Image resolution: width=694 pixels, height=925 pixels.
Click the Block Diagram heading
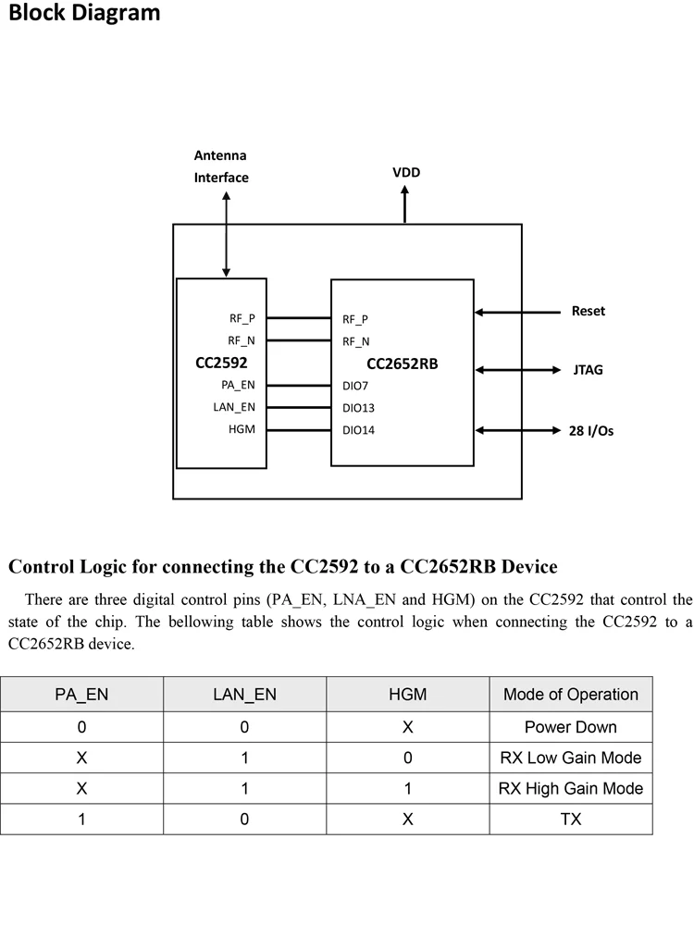tap(84, 14)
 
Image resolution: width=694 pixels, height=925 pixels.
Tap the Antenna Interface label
tap(221, 166)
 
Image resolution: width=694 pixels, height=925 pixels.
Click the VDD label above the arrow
tap(406, 173)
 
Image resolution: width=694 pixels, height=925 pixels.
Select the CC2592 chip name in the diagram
tap(221, 363)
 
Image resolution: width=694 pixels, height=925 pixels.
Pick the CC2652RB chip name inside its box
tap(402, 364)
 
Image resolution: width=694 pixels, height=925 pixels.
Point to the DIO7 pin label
tap(355, 386)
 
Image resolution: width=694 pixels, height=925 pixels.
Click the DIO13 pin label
tap(358, 408)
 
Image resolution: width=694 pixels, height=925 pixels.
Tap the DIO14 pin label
tap(358, 430)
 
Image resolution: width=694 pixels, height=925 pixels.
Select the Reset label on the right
tap(588, 312)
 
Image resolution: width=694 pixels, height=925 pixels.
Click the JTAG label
tap(589, 370)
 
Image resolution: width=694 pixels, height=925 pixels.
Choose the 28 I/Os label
tap(590, 430)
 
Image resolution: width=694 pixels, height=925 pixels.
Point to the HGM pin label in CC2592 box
tap(242, 429)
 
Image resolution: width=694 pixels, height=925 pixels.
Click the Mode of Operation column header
tap(571, 695)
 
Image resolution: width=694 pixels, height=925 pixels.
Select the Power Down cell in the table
tap(571, 727)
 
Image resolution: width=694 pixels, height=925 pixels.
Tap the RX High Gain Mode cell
tap(571, 789)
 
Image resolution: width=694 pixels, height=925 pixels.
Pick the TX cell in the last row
tap(571, 820)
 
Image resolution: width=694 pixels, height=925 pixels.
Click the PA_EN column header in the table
tap(82, 695)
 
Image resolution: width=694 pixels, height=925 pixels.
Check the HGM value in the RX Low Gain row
tap(408, 758)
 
